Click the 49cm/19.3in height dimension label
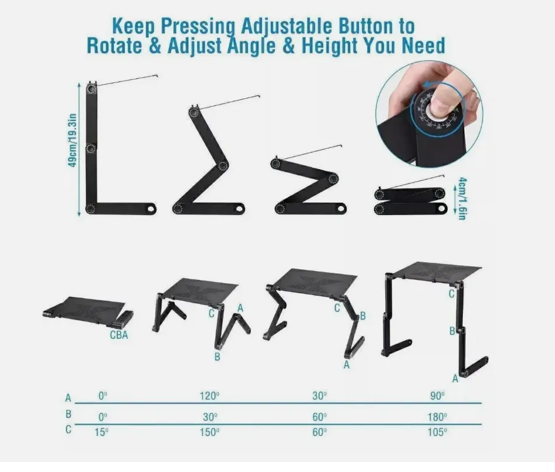point(72,140)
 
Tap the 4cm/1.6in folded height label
point(462,199)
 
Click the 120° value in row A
point(209,396)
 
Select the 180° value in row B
point(437,417)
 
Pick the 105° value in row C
point(437,432)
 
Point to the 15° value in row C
point(102,432)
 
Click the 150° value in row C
point(209,432)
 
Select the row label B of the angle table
point(68,414)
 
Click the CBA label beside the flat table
point(119,335)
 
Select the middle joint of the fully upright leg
point(91,148)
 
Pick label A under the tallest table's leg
point(455,379)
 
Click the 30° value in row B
point(210,417)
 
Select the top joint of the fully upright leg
point(92,88)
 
